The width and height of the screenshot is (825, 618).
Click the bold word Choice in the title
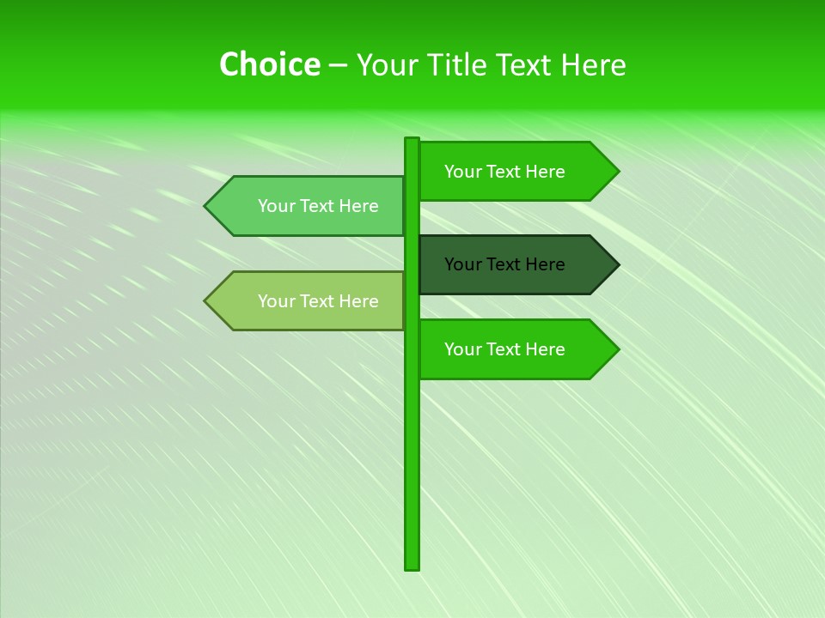[269, 65]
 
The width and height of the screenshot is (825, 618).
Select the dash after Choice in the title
[338, 66]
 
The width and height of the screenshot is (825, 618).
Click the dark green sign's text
[504, 264]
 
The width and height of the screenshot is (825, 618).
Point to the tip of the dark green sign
[617, 264]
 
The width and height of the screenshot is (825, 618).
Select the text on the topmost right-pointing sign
[504, 172]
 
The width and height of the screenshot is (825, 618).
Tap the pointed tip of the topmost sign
[617, 172]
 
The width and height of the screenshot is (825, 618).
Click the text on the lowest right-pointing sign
[504, 349]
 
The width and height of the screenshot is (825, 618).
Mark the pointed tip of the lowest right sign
[617, 349]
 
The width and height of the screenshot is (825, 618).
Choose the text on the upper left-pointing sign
[318, 206]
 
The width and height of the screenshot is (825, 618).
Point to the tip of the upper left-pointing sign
[206, 206]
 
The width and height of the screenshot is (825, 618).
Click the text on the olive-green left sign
[318, 301]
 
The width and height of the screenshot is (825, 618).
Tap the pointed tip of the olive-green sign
[206, 301]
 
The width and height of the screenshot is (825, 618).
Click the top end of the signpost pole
[412, 140]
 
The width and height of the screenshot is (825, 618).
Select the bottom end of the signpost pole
[412, 567]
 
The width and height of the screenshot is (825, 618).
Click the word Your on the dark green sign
[462, 264]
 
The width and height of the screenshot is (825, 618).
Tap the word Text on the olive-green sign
[318, 301]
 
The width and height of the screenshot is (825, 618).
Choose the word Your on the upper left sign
[276, 206]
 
